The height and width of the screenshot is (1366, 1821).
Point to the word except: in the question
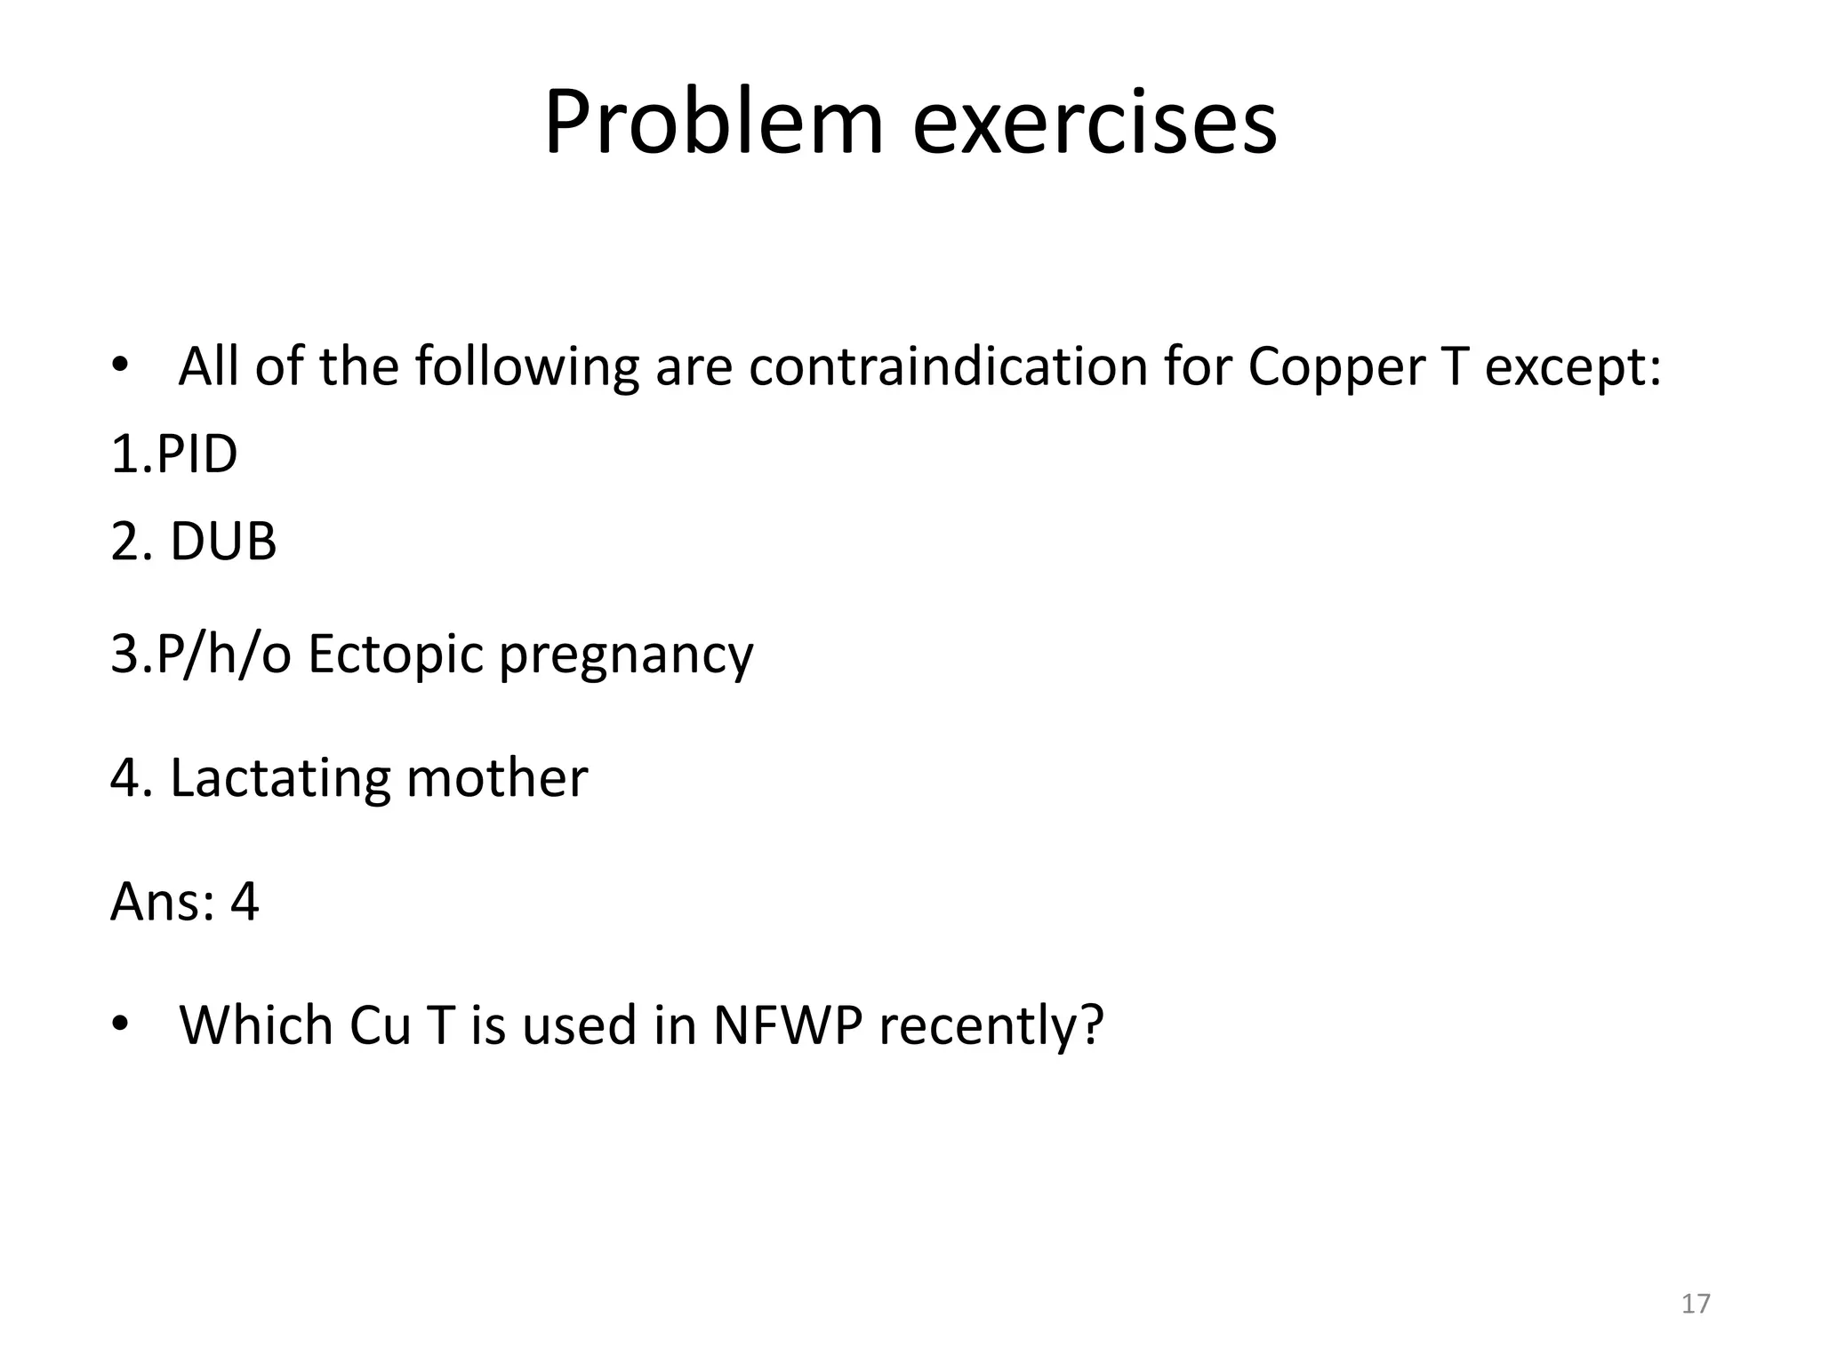click(x=1572, y=366)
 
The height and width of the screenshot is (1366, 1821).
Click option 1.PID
click(x=174, y=454)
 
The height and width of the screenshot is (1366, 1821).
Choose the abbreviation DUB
click(x=223, y=541)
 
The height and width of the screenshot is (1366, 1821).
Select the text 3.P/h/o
click(x=201, y=655)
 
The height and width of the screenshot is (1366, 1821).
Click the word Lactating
click(x=280, y=778)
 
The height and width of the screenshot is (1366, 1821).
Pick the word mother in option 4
click(x=497, y=778)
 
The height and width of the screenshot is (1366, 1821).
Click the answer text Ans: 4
click(x=184, y=902)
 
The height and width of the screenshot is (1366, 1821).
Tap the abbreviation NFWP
click(x=787, y=1025)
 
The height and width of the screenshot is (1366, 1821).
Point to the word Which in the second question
click(x=256, y=1025)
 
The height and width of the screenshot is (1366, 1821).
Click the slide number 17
click(x=1696, y=1304)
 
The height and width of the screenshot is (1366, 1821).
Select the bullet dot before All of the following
click(x=121, y=366)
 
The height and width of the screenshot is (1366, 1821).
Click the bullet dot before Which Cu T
click(x=121, y=1025)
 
